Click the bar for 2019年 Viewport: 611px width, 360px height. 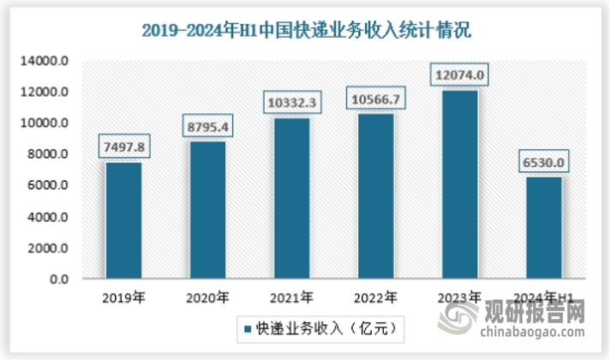point(123,221)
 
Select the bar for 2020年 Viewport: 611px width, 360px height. point(207,211)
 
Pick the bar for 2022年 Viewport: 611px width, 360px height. point(375,197)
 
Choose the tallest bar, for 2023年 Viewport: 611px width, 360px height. point(459,185)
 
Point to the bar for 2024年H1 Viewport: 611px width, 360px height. point(543,228)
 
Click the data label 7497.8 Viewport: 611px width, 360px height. point(123,147)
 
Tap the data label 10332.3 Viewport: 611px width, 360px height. point(291,103)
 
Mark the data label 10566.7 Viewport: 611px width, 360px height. point(375,99)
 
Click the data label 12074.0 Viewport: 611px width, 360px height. point(459,76)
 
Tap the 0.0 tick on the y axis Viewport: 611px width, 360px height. point(58,279)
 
